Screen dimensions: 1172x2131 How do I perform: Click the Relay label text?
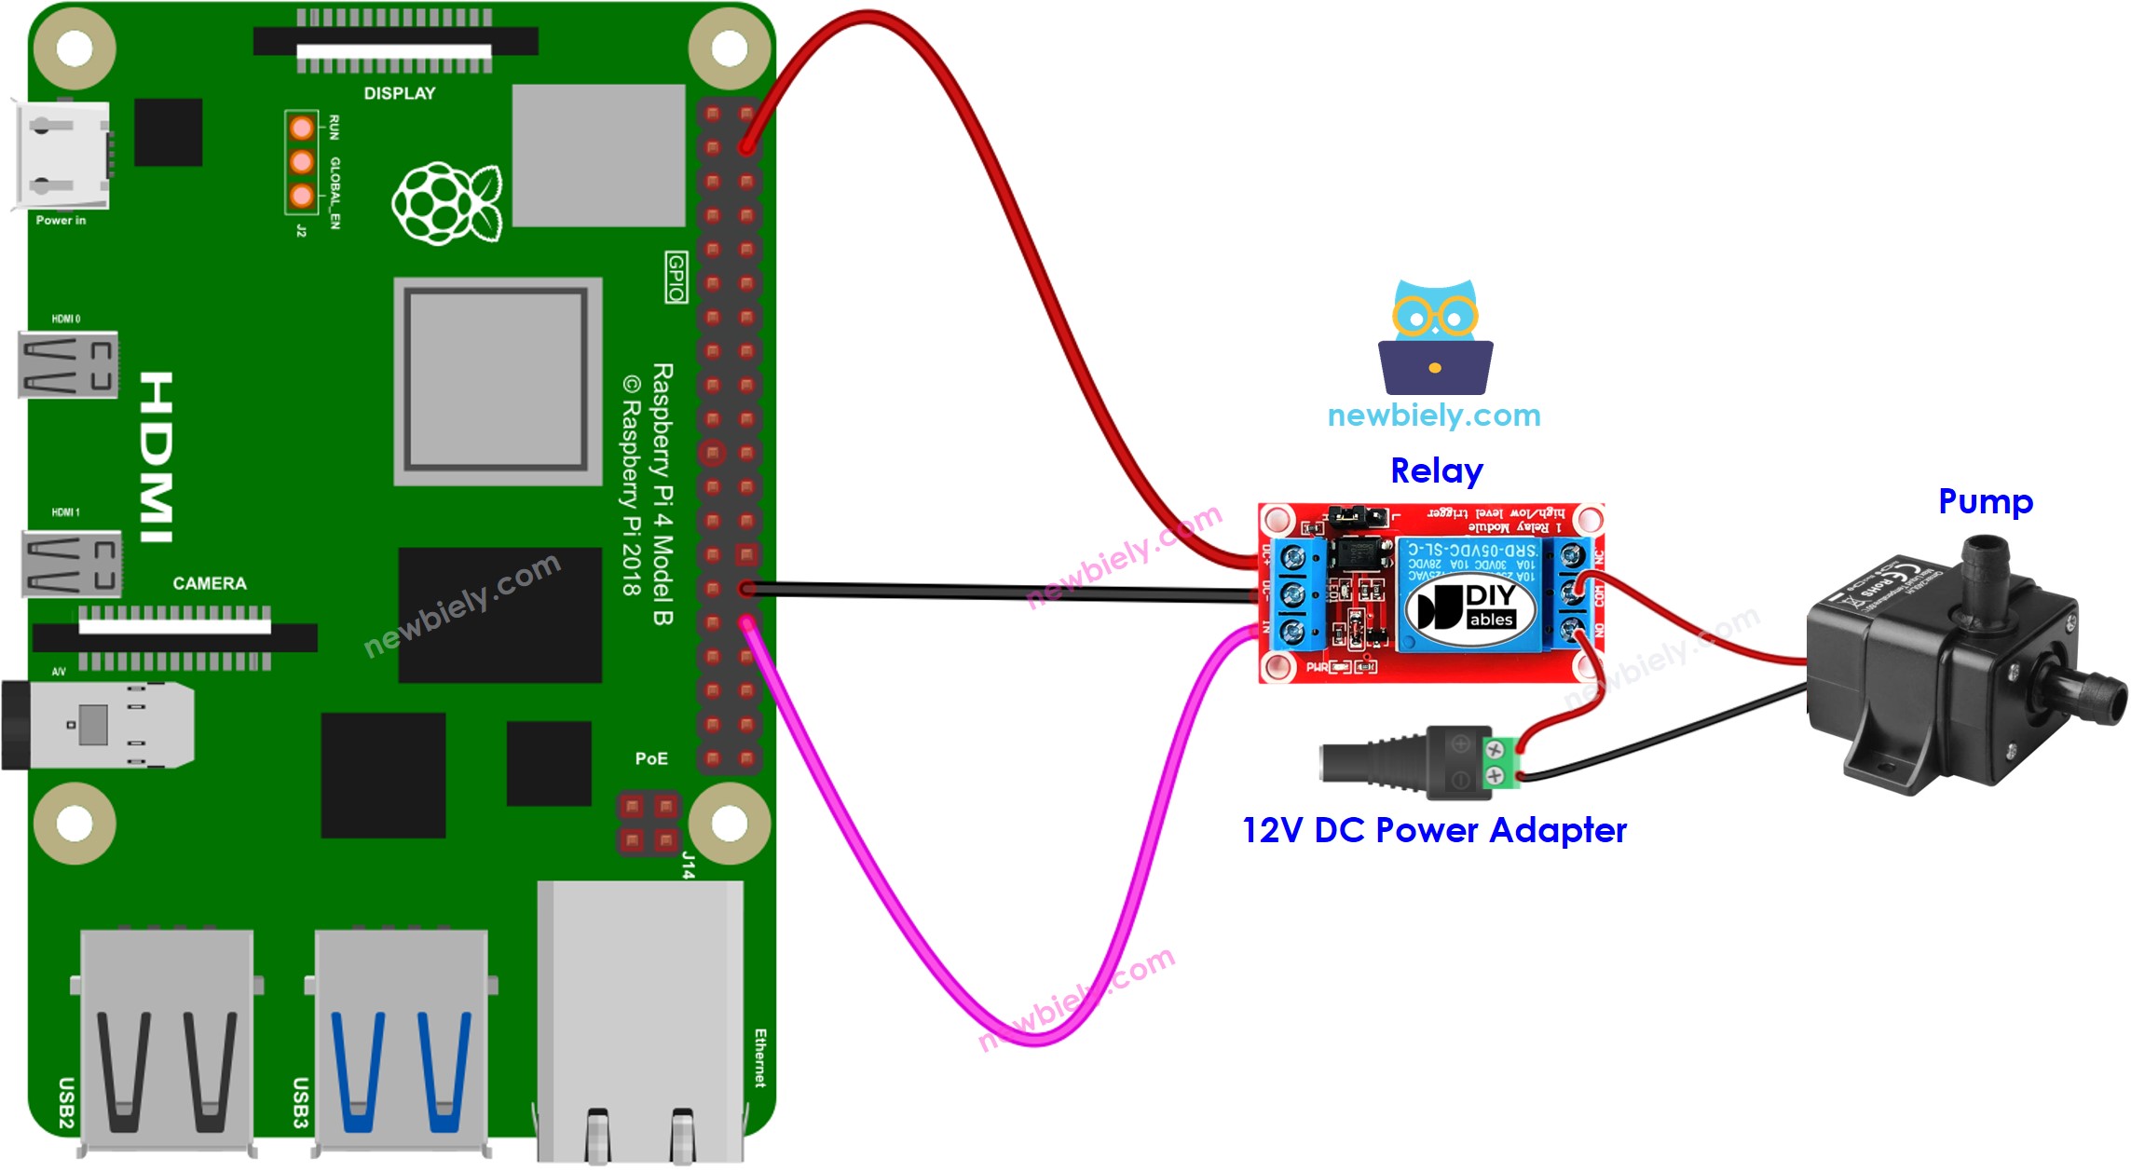pos(1436,470)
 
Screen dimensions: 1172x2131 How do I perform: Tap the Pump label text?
pos(1985,501)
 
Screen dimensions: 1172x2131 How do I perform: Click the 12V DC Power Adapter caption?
pos(1434,829)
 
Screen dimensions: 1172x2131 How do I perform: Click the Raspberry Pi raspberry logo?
pos(446,203)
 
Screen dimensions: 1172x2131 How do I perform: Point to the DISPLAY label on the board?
pos(399,93)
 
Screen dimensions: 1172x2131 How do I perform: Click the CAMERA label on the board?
pos(209,583)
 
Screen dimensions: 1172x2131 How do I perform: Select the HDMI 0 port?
pos(68,364)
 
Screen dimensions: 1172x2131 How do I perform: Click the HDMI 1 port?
pos(71,563)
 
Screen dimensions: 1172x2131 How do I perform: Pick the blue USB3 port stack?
pos(401,1039)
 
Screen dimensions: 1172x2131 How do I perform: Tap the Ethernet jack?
pos(640,1020)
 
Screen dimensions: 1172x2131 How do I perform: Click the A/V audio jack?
pos(98,725)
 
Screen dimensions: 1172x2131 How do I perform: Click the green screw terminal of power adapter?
pos(1496,761)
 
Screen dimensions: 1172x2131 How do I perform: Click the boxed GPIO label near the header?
pos(676,277)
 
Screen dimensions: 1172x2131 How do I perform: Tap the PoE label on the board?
pos(650,758)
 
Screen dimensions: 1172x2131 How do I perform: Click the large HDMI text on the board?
pos(156,457)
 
